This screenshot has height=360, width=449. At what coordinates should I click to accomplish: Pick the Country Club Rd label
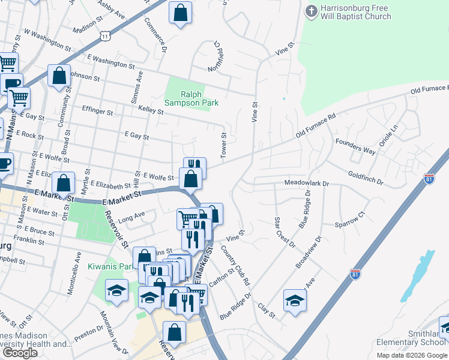click(x=235, y=265)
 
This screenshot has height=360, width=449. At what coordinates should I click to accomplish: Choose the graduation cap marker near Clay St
click(x=295, y=300)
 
